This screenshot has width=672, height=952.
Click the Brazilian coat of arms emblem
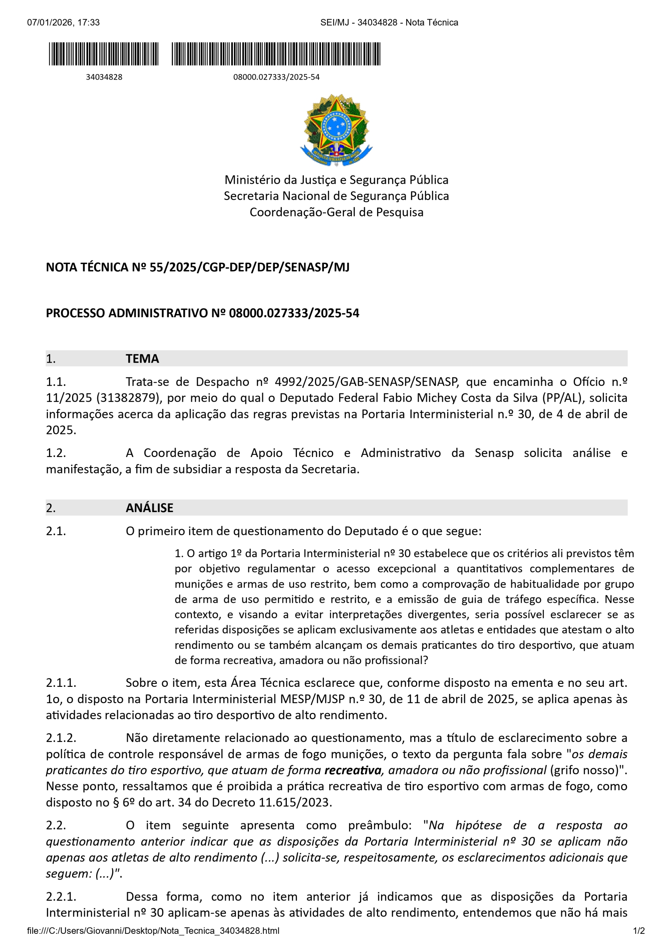click(336, 129)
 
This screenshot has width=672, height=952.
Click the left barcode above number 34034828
click(104, 54)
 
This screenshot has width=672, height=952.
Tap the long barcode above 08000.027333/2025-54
click(276, 54)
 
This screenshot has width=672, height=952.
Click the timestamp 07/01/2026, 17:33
click(64, 22)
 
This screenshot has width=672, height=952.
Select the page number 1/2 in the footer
click(639, 931)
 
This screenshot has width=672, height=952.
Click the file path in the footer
click(153, 931)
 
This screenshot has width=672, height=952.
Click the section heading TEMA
click(142, 358)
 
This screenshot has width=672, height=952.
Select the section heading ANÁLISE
click(149, 508)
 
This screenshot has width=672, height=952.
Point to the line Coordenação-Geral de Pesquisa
click(337, 212)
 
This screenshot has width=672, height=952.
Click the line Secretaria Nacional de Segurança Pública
click(337, 196)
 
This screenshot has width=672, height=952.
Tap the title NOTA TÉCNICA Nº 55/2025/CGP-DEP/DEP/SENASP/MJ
click(198, 267)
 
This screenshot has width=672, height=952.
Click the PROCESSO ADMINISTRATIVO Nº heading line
click(202, 313)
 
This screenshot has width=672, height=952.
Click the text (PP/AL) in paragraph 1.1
click(562, 398)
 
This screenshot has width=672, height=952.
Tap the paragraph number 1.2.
click(56, 453)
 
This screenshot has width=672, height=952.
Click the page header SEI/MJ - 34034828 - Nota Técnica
click(389, 22)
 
